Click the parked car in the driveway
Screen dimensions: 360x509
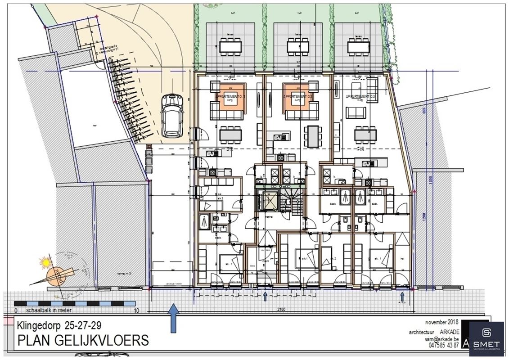[171, 115]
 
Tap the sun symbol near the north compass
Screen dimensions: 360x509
[45, 262]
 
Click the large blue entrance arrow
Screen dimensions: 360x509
[173, 318]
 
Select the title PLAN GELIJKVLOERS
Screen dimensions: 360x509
[83, 340]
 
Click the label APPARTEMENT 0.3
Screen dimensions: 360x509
[360, 97]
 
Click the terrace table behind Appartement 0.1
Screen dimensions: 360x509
[230, 46]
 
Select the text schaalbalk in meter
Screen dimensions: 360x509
[48, 310]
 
